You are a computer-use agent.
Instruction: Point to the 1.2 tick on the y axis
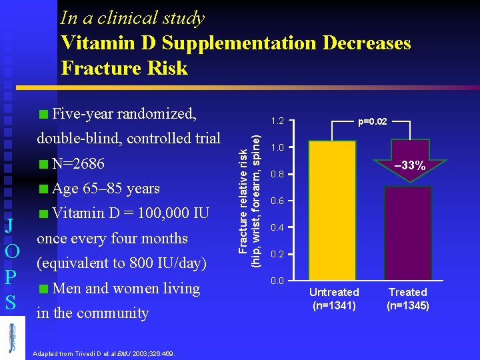tap(278, 122)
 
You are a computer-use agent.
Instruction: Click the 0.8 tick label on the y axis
tap(278, 175)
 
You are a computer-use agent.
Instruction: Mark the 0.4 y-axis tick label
tap(278, 228)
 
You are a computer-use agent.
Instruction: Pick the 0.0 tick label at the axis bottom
tap(278, 281)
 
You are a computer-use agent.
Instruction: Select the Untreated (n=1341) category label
tap(334, 299)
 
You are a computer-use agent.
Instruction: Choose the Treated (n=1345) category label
tap(408, 299)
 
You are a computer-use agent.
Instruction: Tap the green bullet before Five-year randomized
tap(43, 113)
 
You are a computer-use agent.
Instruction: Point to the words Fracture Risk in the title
tap(124, 68)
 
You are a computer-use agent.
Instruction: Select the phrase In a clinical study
tap(132, 18)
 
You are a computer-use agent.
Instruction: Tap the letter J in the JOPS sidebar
tap(11, 223)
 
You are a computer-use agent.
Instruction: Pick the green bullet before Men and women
tap(43, 289)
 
